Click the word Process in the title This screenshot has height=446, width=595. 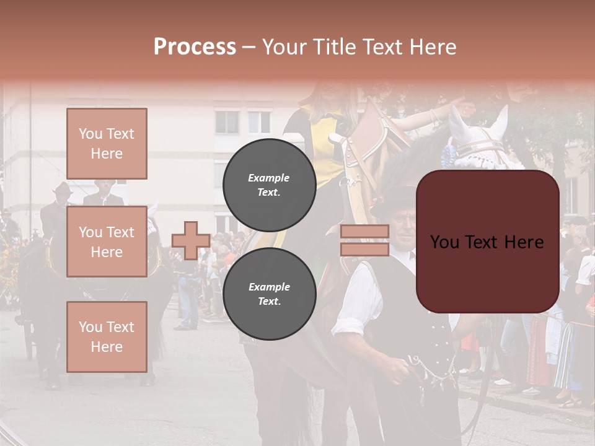tap(195, 47)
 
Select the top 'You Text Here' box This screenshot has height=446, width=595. tap(107, 144)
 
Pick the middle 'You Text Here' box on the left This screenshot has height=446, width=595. tap(107, 242)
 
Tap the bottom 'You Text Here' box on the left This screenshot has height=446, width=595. tap(107, 336)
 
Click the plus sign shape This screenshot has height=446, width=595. tap(191, 240)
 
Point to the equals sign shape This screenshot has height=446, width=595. tap(364, 240)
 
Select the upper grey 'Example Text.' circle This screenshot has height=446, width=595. tap(269, 185)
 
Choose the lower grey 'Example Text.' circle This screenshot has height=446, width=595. tap(269, 294)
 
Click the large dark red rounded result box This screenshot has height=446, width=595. tap(487, 242)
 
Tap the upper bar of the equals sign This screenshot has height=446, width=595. tap(364, 232)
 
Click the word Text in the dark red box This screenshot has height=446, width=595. tap(487, 242)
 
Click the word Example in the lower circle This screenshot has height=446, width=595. tap(269, 287)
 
